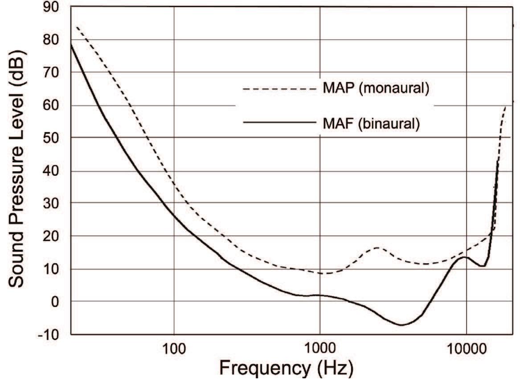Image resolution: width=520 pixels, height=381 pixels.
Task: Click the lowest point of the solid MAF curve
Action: tap(401, 325)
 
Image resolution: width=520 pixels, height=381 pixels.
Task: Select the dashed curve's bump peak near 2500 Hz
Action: tap(378, 247)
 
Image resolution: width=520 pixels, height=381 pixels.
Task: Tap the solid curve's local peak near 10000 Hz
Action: tap(464, 257)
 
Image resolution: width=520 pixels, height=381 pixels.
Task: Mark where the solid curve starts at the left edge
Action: tap(72, 45)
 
